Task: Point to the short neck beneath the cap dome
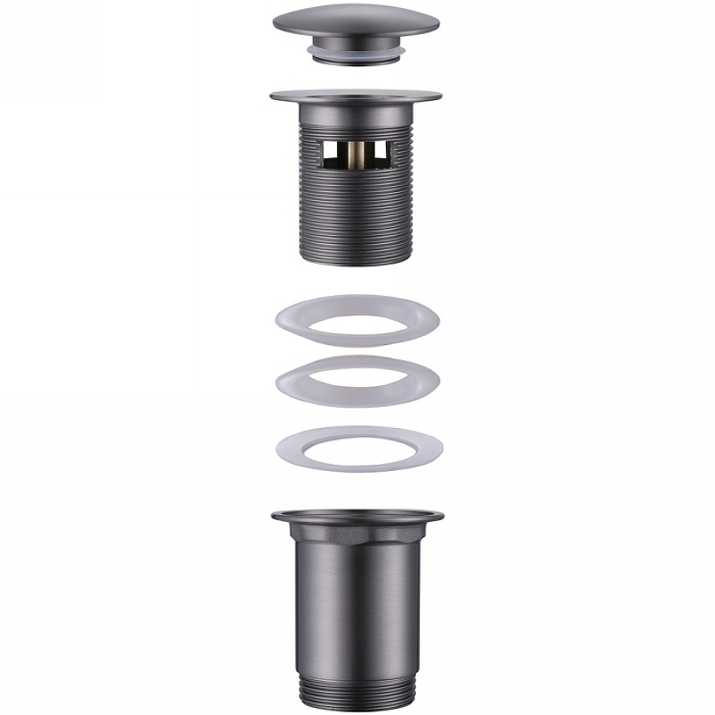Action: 357,45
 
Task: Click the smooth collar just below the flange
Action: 357,116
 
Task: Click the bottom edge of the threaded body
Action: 357,260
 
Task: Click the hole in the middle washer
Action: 357,381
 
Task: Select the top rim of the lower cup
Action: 357,516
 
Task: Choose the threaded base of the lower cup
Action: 357,689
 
